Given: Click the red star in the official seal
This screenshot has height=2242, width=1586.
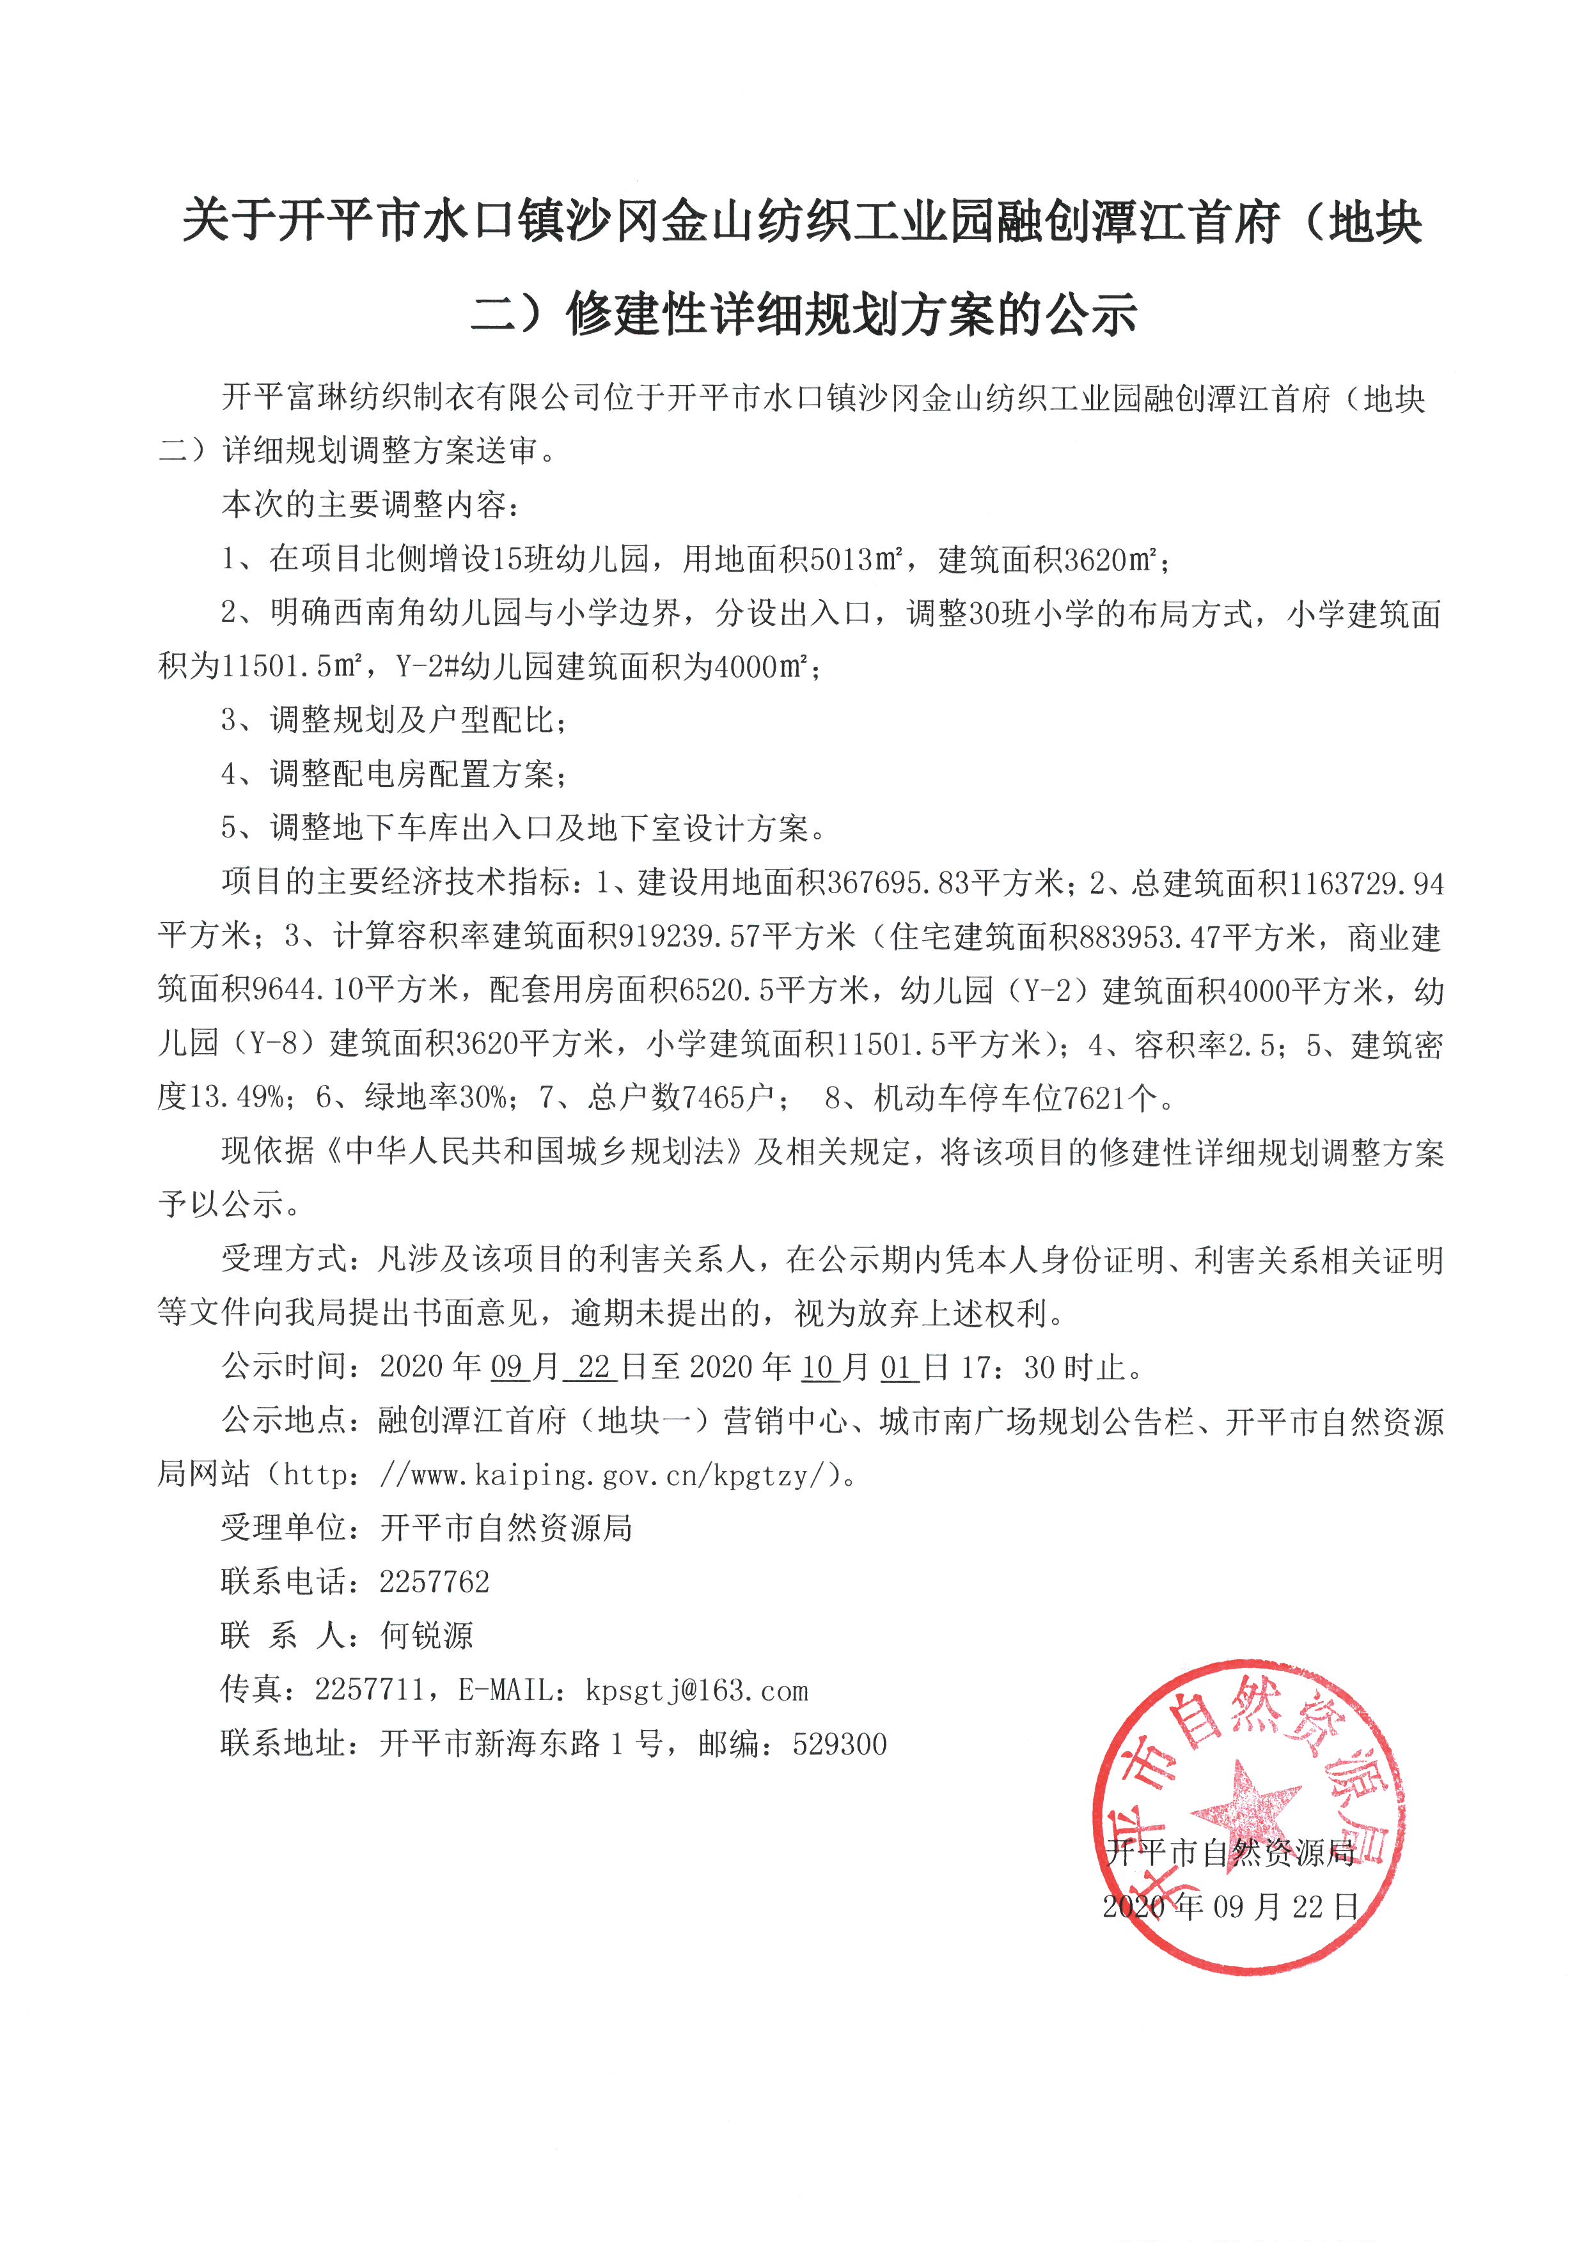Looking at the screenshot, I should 1245,1805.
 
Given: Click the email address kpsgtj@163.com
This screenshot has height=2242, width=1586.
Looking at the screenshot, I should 696,1689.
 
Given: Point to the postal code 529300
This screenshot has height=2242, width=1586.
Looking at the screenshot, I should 840,1744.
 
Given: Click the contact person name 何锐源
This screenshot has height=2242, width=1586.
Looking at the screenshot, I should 426,1635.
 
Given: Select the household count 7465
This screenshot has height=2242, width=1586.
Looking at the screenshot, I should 713,1098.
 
